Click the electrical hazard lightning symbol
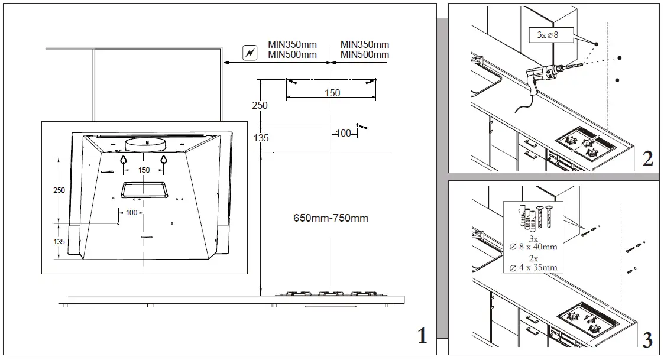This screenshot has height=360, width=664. point(250,53)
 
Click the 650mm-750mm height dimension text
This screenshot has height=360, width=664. point(331,218)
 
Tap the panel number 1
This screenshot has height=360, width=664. point(422,336)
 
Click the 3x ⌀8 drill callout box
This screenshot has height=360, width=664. point(545,35)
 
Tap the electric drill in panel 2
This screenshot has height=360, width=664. point(548,76)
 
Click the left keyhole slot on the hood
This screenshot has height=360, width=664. point(124,160)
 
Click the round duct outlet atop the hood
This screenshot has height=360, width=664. point(144,142)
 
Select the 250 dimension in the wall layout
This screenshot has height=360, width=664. point(260,105)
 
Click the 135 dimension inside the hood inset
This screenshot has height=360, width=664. point(59,241)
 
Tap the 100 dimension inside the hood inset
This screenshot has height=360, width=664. point(131,212)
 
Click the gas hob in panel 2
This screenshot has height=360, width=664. point(585,143)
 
